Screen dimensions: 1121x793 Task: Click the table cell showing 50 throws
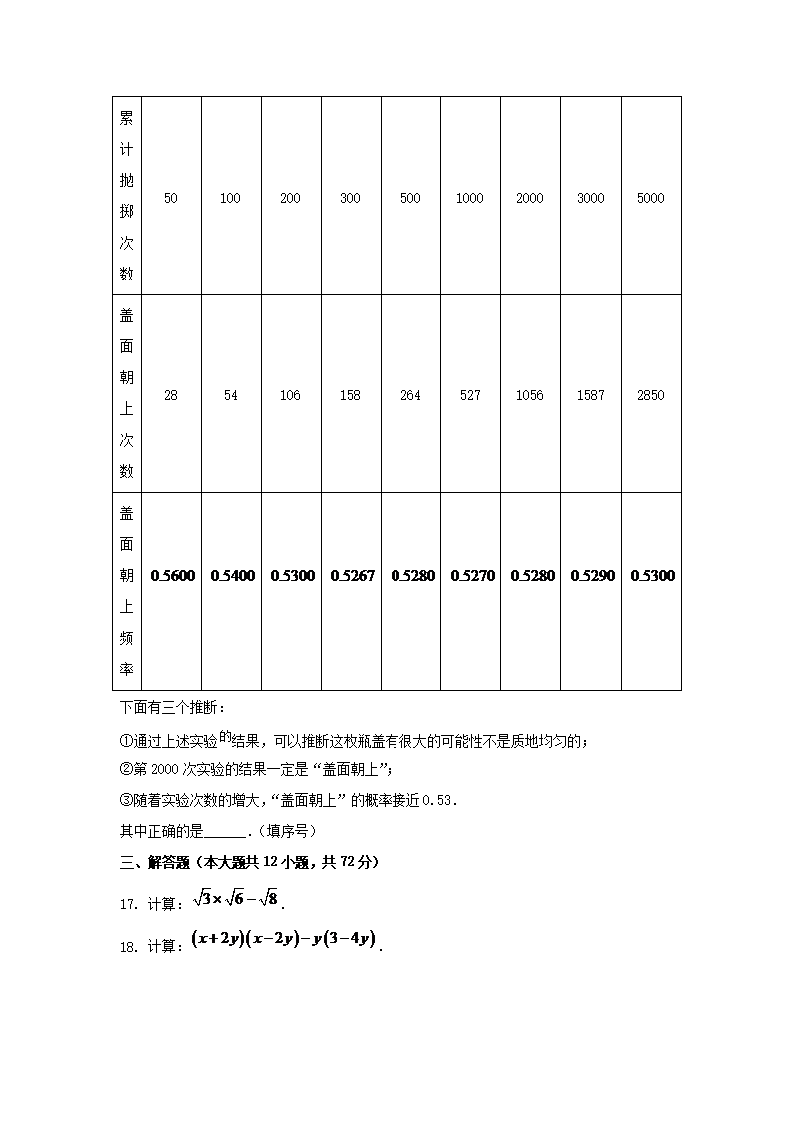click(x=171, y=198)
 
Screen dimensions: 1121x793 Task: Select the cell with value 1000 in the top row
click(x=470, y=198)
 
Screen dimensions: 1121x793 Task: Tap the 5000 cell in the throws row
click(x=650, y=198)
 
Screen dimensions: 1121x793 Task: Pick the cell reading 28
click(x=171, y=395)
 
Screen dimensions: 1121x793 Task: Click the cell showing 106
click(x=291, y=395)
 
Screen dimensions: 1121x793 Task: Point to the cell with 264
click(x=410, y=395)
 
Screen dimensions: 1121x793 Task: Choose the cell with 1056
click(x=530, y=395)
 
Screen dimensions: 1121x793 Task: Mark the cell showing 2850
click(x=650, y=395)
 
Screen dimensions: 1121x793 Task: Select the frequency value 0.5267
click(x=353, y=576)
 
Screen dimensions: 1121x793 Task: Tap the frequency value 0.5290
click(x=592, y=576)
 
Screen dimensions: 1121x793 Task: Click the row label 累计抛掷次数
click(x=127, y=196)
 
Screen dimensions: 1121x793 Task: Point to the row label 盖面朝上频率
click(x=127, y=591)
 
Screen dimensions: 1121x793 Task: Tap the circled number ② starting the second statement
click(x=125, y=769)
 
